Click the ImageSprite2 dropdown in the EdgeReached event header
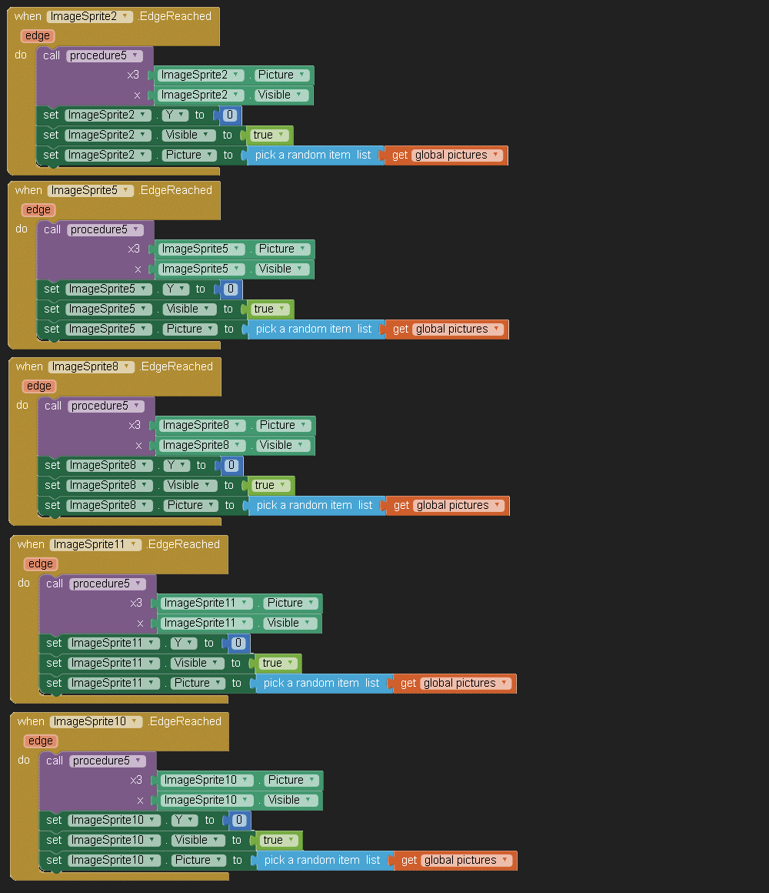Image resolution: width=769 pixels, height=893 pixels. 89,16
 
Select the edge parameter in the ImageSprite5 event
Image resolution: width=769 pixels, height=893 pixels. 38,209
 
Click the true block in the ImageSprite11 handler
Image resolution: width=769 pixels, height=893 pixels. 272,663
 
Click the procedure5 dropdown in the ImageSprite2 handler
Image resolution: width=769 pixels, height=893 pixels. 104,55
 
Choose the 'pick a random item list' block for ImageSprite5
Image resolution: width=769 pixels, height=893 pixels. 314,329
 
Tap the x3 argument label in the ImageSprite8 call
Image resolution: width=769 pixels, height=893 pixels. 135,425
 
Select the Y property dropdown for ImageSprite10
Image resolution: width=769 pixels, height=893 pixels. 185,820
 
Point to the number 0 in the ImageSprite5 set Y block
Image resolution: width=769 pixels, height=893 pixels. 230,289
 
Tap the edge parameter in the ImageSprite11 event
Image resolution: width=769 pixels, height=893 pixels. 40,564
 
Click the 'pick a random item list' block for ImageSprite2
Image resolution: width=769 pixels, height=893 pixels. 313,155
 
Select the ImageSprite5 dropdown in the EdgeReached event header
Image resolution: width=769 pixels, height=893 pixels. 90,190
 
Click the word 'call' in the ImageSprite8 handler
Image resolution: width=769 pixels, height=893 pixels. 53,406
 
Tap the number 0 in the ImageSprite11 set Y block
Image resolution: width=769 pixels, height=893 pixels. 238,643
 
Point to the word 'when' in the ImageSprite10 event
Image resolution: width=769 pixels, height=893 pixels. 31,721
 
